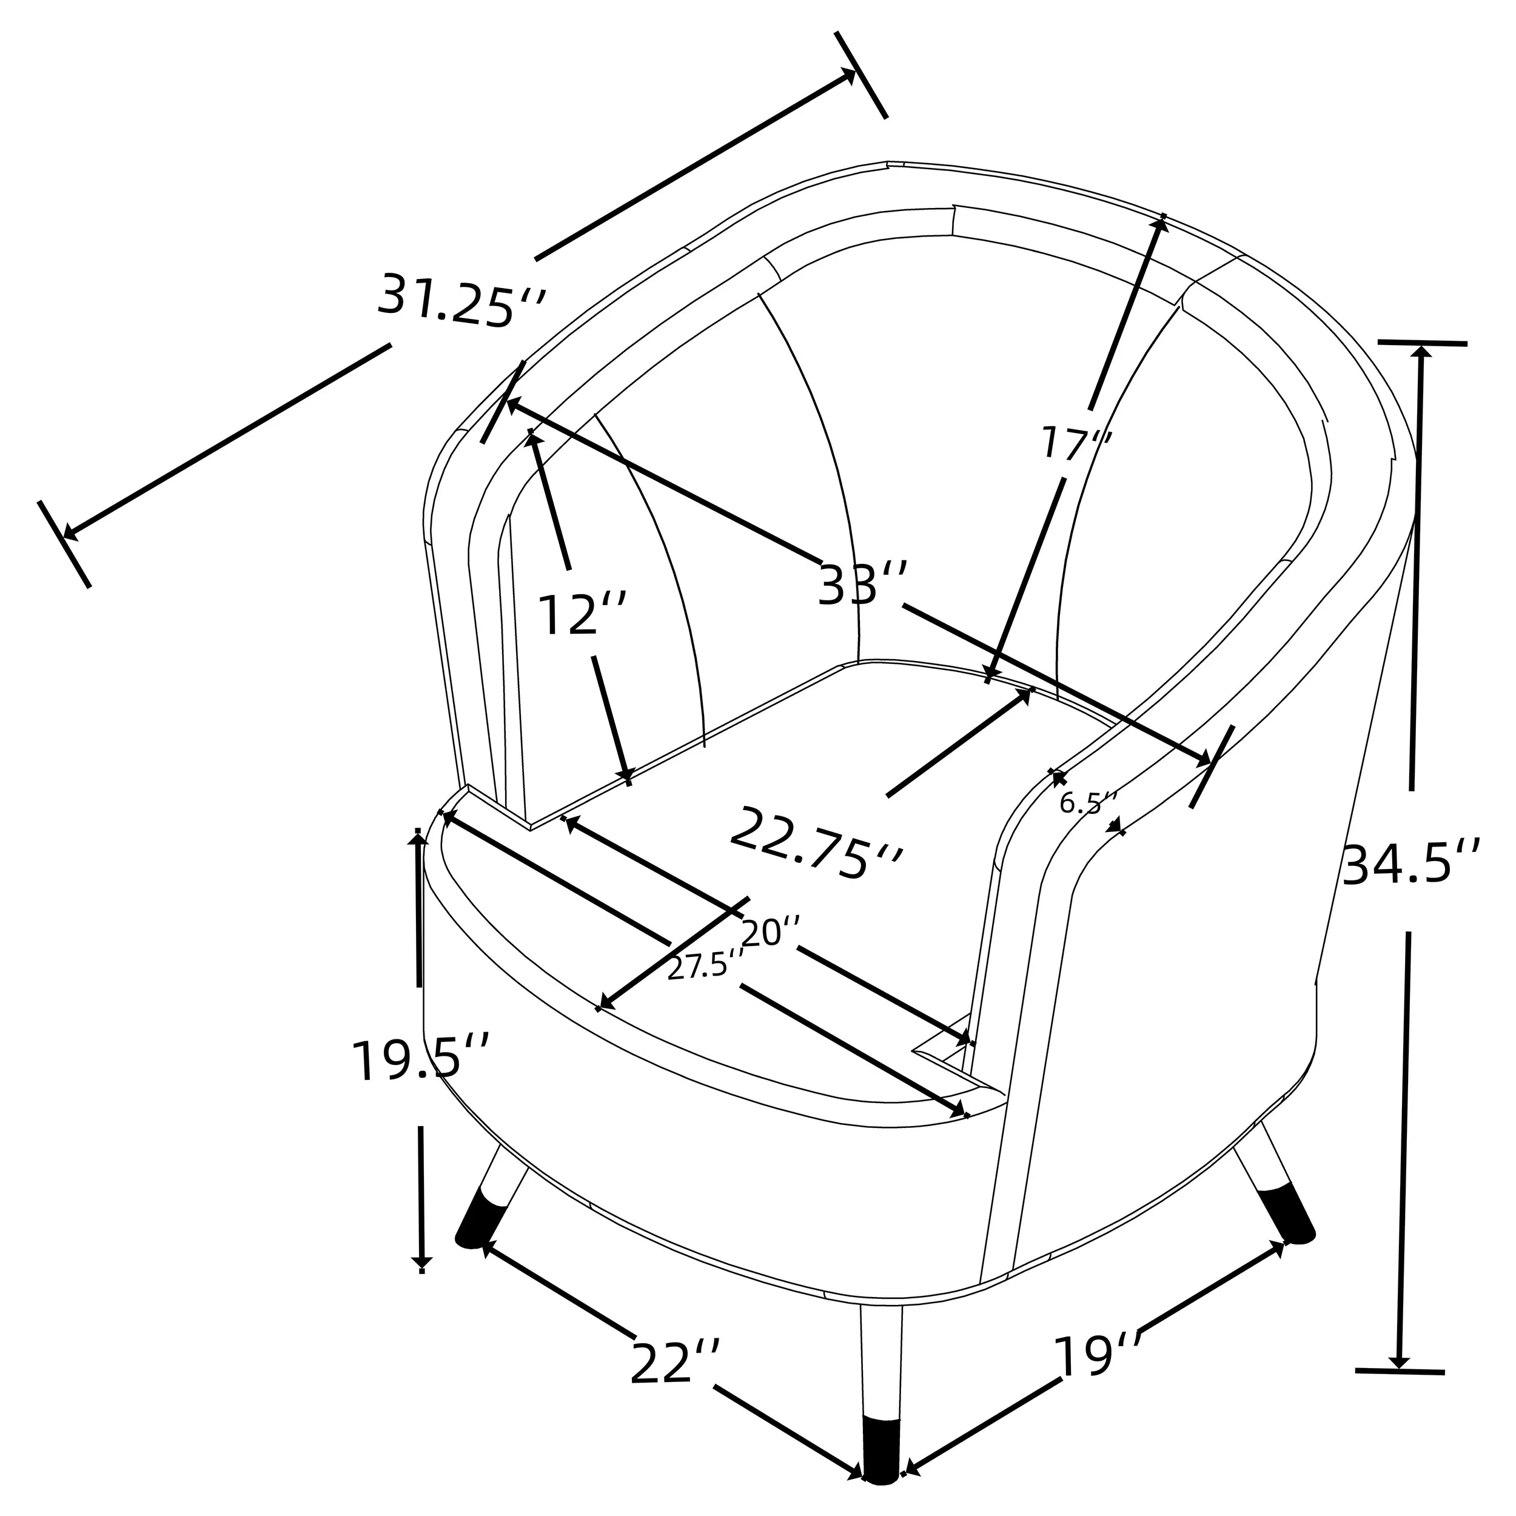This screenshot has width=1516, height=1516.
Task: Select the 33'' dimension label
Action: coord(862,584)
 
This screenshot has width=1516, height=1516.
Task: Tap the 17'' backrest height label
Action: coord(1076,444)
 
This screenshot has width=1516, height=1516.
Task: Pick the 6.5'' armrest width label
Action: coord(1087,803)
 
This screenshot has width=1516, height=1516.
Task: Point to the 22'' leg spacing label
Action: coord(674,1364)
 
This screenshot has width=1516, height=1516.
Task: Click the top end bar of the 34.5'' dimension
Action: coord(1422,343)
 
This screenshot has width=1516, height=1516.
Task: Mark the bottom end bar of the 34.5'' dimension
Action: coord(1400,1394)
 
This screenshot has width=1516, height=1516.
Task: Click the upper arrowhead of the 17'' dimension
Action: coord(1160,224)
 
